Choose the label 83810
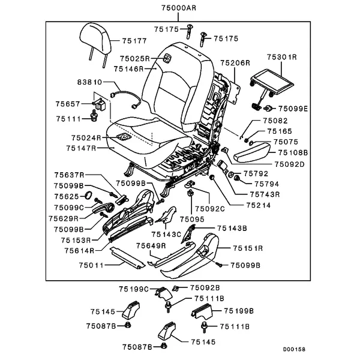(x=89, y=82)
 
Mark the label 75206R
(x=235, y=62)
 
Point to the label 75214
(x=259, y=205)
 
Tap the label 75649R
(x=151, y=246)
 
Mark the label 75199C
(x=134, y=289)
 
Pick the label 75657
(x=68, y=103)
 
